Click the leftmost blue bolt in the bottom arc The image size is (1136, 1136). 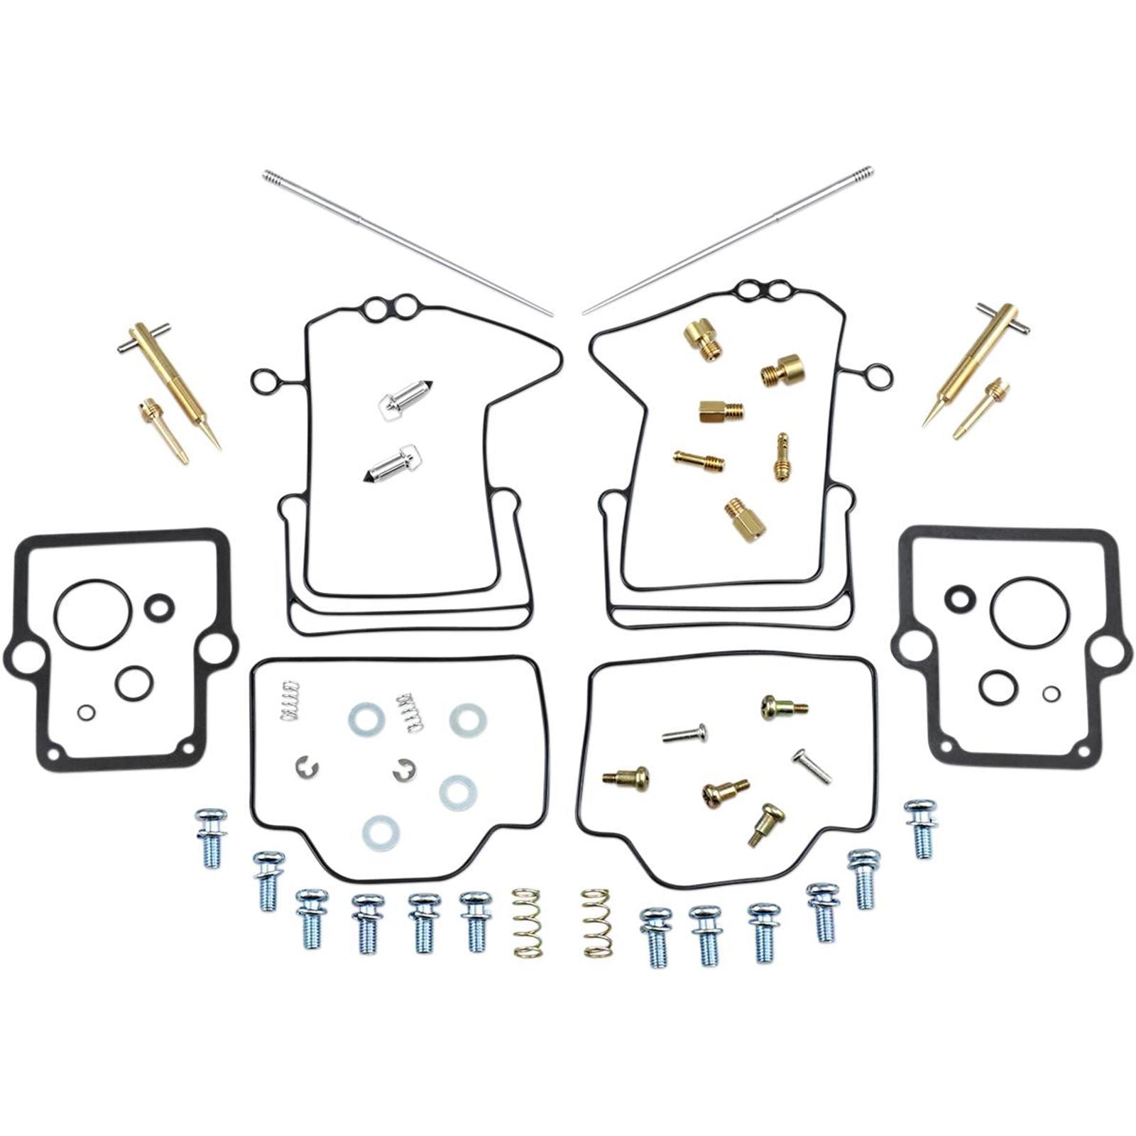(211, 839)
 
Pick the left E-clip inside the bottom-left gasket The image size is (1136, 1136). (307, 767)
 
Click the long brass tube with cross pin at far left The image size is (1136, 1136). (170, 386)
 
